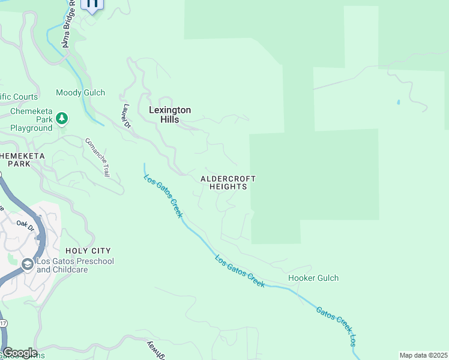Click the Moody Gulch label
point(80,92)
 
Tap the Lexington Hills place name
point(170,115)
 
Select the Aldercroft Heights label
point(228,182)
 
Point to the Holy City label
point(89,250)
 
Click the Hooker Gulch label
point(313,278)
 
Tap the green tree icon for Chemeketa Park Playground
point(62,119)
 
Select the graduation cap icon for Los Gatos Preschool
point(27,265)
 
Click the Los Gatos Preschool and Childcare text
point(75,265)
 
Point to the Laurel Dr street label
point(125,116)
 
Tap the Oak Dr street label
point(26,224)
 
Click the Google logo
point(19,353)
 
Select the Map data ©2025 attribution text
point(423,355)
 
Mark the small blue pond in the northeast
point(398,102)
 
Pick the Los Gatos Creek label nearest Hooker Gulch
point(240,272)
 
